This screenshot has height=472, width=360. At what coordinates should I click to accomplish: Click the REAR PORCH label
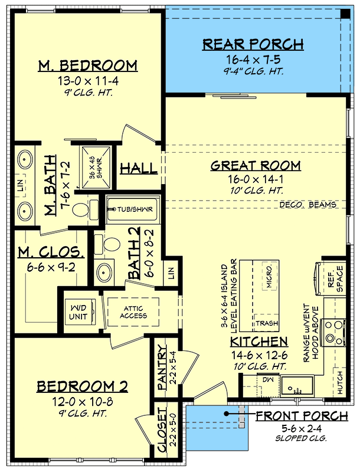(253, 44)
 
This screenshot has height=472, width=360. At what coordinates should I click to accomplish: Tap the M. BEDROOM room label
(87, 65)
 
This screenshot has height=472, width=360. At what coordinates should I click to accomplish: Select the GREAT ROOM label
(256, 166)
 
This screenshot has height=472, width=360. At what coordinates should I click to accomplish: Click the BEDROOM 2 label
(83, 386)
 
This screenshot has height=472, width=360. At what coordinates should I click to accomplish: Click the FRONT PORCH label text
(302, 417)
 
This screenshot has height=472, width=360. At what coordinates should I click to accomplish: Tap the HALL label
(139, 169)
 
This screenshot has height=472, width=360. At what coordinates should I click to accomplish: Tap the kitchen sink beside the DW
(295, 386)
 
